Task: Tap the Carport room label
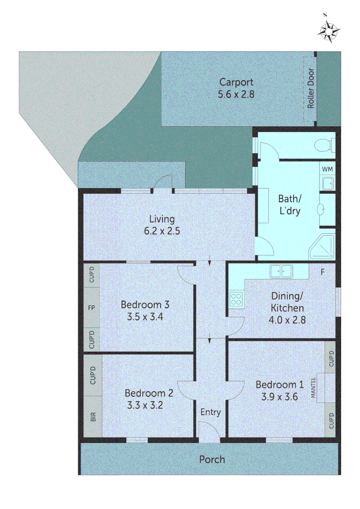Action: click(236, 82)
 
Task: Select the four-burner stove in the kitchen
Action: click(236, 298)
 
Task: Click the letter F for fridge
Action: click(323, 272)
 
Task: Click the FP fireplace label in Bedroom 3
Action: click(92, 308)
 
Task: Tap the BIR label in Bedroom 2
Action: click(93, 417)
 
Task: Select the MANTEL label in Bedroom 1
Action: click(313, 388)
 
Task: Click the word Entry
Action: click(210, 412)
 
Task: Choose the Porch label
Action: click(212, 459)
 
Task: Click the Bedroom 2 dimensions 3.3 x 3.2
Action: click(145, 404)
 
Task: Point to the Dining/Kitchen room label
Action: click(287, 302)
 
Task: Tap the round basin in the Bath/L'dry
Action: click(323, 209)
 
